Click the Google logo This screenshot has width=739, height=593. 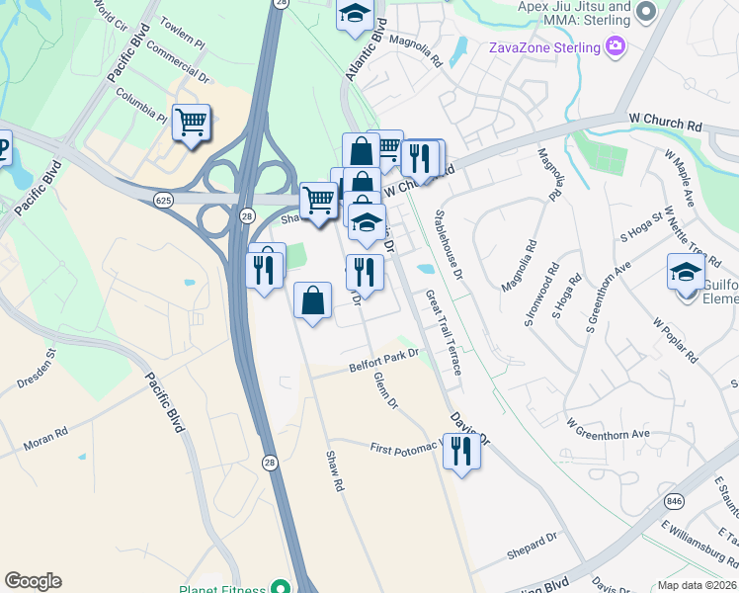tap(33, 581)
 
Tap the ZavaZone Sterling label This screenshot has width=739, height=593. tap(544, 47)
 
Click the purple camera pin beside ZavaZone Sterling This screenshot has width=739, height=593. tap(616, 46)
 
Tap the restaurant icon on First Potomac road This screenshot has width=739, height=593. tap(461, 451)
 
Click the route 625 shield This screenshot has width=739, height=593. tap(164, 200)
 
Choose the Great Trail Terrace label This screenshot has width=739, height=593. tap(443, 332)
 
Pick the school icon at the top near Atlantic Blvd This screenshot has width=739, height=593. tap(353, 15)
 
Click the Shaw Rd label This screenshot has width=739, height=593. tap(334, 471)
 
